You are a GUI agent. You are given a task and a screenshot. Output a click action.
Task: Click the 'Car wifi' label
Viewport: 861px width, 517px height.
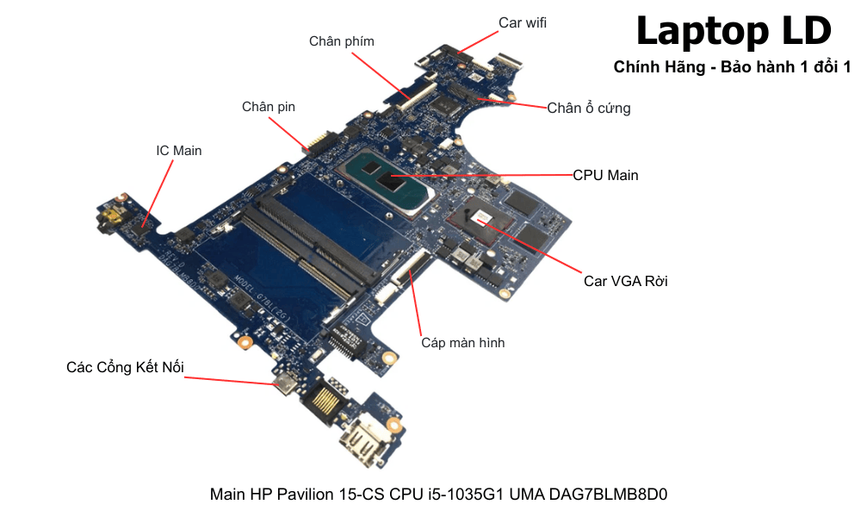(x=523, y=22)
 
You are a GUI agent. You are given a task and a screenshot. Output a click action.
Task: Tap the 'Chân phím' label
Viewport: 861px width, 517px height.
(x=342, y=41)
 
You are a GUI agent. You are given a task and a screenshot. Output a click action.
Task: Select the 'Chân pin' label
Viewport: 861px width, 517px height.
(x=269, y=107)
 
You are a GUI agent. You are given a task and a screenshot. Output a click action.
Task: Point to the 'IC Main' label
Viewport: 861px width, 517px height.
(x=179, y=151)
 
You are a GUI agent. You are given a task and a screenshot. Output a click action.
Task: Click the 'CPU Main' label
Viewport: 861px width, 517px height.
(x=606, y=175)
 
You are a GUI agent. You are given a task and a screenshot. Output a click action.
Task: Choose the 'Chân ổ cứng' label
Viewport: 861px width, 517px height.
(x=589, y=109)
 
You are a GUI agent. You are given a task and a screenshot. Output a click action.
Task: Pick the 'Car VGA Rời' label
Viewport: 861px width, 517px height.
(x=626, y=281)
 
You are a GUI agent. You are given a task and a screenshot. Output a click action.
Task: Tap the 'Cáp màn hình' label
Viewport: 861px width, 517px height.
(x=462, y=343)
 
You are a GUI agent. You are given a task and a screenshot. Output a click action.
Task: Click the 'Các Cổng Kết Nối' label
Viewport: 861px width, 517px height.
(x=125, y=368)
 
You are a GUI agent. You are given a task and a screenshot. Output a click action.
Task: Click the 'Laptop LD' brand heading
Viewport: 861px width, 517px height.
(x=733, y=31)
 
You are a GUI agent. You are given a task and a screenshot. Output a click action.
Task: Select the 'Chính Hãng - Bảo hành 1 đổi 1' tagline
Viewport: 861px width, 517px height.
(x=732, y=67)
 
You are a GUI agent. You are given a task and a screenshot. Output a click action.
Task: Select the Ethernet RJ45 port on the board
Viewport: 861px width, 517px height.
(x=329, y=397)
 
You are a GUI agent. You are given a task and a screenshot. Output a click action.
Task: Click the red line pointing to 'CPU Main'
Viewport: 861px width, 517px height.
(x=482, y=176)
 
